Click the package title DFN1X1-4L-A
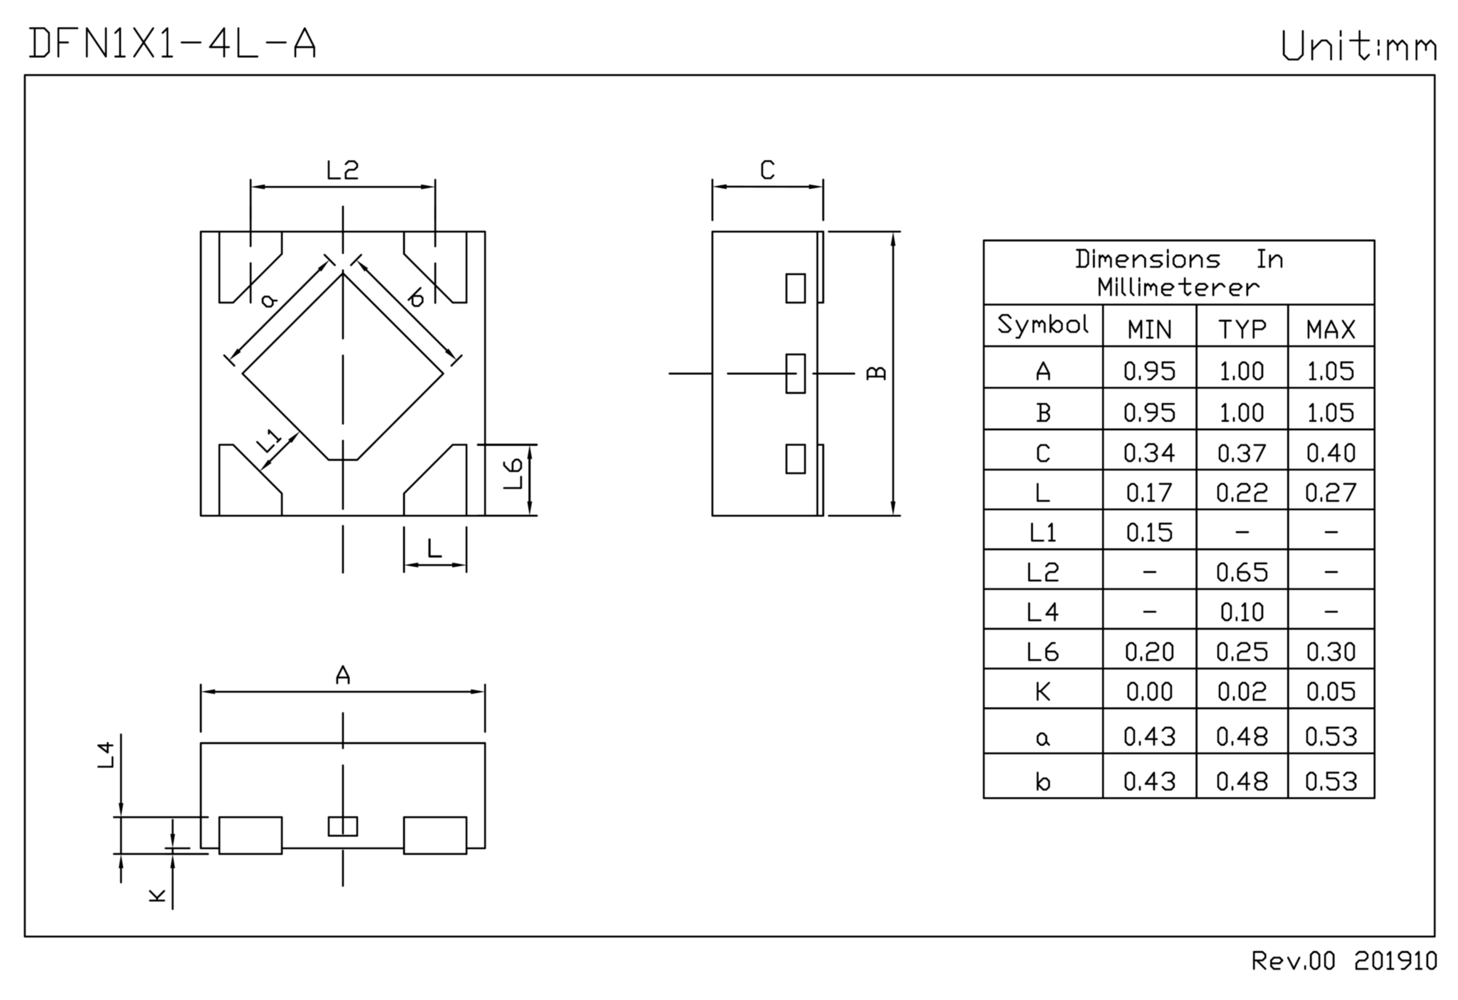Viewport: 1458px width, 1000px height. (172, 44)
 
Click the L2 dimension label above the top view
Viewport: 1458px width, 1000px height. (342, 170)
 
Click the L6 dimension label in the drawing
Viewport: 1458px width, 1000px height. (513, 474)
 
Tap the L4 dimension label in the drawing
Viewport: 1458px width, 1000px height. (107, 755)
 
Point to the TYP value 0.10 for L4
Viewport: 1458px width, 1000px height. (1242, 612)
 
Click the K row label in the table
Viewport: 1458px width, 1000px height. (1043, 691)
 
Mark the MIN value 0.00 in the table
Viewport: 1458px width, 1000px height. (1149, 691)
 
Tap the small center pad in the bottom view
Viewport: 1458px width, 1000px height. (342, 826)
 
